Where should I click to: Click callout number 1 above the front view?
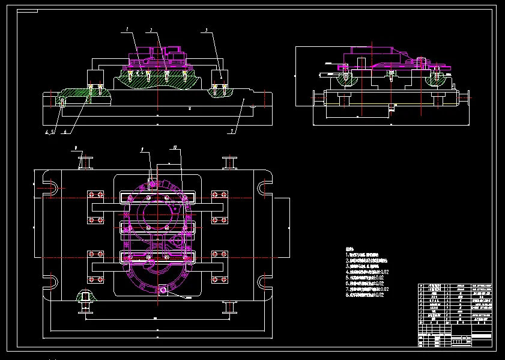127,29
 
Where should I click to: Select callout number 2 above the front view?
150,29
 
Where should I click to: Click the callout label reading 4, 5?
49,132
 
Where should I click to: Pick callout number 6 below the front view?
65,132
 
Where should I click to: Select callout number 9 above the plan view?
76,147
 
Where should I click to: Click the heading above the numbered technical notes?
350,248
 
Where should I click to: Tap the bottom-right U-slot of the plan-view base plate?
263,283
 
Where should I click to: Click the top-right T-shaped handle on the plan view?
229,162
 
